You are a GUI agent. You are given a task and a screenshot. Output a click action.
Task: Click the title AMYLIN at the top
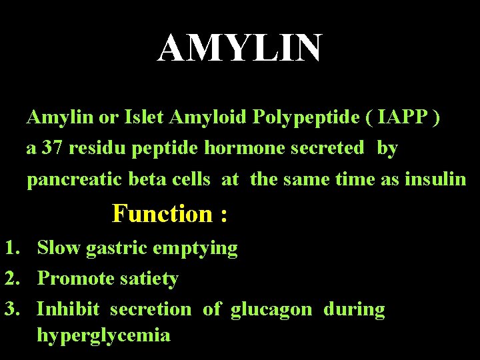(x=239, y=48)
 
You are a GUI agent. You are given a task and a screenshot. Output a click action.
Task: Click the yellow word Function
(x=161, y=214)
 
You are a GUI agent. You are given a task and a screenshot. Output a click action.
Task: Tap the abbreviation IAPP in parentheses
(x=398, y=118)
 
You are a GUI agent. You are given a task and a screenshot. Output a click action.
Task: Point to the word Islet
(x=145, y=118)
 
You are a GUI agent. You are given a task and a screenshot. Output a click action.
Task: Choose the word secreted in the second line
(x=327, y=148)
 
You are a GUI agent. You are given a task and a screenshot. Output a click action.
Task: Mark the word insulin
(x=435, y=179)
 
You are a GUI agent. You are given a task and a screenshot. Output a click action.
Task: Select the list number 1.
(x=11, y=249)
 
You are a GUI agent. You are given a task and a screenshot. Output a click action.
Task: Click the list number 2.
(x=11, y=279)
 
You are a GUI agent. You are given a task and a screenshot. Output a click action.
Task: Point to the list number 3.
(x=11, y=309)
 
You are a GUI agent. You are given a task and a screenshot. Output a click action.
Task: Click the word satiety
(x=150, y=279)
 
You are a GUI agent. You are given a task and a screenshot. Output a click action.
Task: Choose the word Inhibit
(x=67, y=309)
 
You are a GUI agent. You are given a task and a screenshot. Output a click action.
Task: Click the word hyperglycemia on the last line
(x=103, y=335)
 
